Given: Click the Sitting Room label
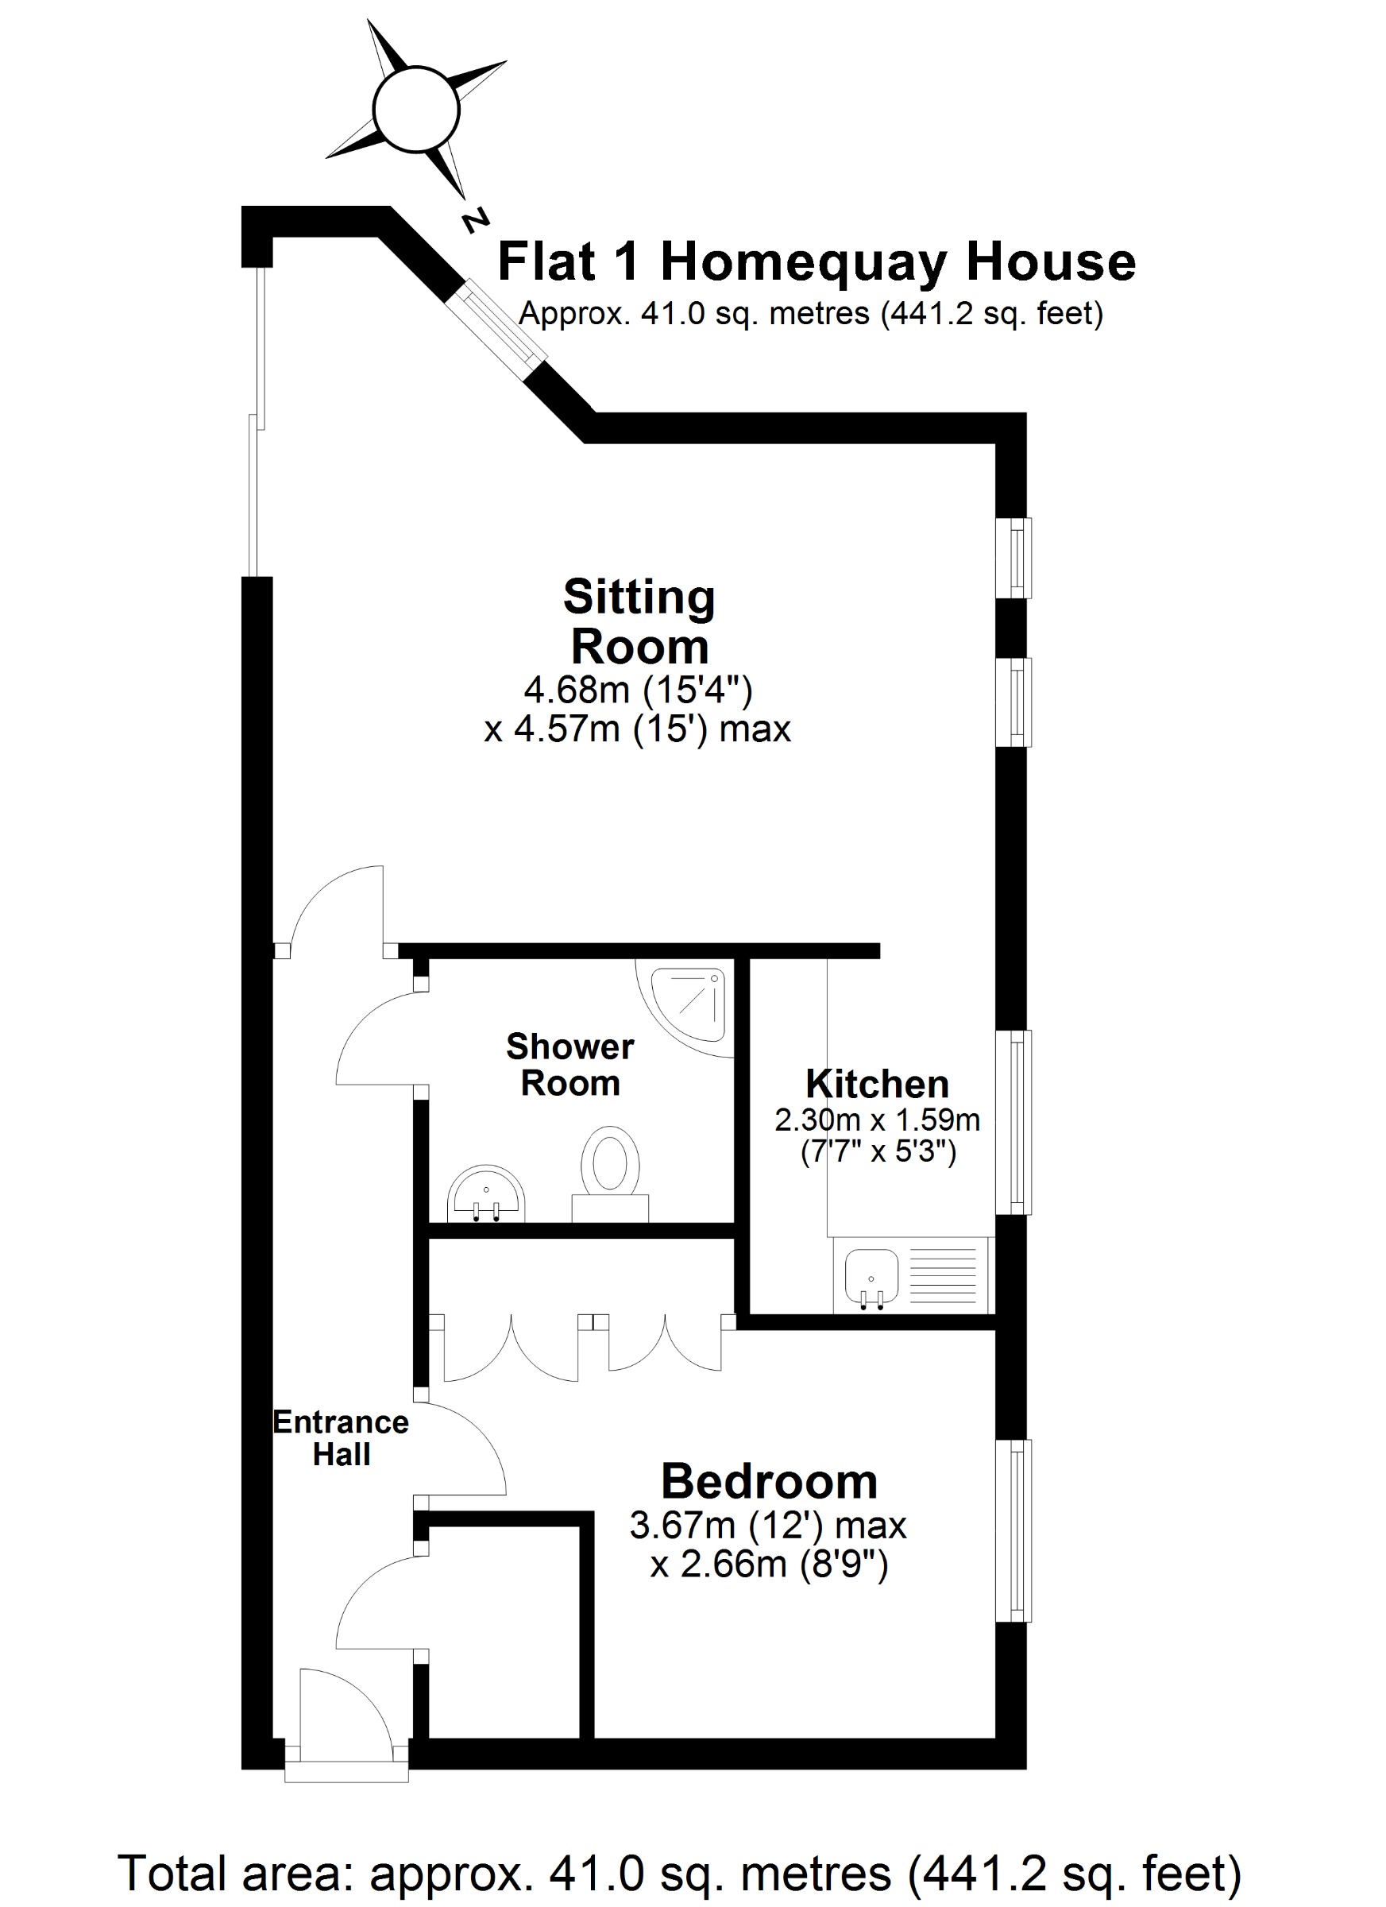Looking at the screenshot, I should coord(639,621).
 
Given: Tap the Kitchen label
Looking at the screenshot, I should coord(877,1084).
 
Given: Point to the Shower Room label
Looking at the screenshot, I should coord(569,1065).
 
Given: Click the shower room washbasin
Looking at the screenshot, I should coord(486,1194).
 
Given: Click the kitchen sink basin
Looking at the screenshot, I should coord(871,1276).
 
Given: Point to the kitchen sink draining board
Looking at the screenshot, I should coord(943,1275).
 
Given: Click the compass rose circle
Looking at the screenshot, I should coord(416,110).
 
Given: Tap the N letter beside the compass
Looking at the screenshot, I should coord(475,220).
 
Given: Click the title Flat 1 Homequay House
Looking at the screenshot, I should coord(817,261).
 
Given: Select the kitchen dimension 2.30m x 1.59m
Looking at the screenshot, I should coord(877,1120).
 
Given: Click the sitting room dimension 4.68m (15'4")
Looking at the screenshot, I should coord(638,690).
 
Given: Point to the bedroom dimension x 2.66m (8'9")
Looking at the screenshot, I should coord(769,1564).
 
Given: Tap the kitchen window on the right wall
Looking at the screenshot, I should coord(1014,1123).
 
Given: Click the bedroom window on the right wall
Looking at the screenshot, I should coord(1014,1530).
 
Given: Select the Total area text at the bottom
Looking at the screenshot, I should coord(679,1874).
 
